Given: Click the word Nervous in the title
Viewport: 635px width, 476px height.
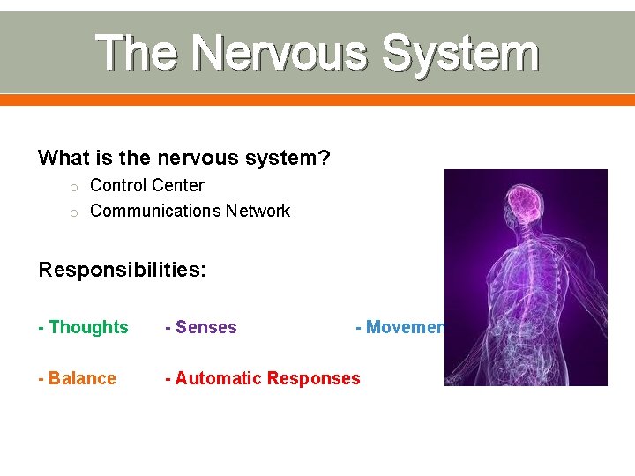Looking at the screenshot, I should (x=278, y=53).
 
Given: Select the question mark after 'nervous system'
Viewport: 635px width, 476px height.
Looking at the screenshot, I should (x=325, y=159).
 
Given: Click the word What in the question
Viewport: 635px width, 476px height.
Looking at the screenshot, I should (x=63, y=159).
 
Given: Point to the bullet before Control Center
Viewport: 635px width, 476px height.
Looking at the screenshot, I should (x=75, y=187).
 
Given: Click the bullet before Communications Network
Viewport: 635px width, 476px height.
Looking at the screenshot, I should (x=75, y=212).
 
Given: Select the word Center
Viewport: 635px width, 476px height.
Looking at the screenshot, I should (x=176, y=186).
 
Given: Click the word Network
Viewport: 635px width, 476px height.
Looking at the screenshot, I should (x=258, y=212).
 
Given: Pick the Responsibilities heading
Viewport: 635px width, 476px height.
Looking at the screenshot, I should (x=122, y=270).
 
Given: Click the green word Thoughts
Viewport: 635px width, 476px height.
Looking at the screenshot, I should (x=88, y=327).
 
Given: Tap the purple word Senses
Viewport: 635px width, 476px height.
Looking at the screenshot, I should (x=205, y=327).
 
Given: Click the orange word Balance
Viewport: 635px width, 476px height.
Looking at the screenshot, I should (x=82, y=378).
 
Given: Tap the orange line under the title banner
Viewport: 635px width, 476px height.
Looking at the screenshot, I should (x=317, y=100).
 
